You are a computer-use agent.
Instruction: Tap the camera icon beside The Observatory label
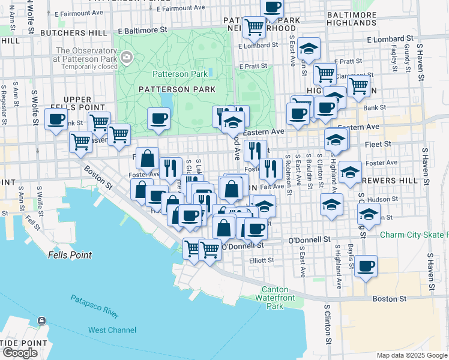127,58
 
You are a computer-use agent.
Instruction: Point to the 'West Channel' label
112,330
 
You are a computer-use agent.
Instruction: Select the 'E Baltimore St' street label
142,29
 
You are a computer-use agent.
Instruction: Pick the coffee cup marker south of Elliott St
366,266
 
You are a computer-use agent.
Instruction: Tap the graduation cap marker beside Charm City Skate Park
369,214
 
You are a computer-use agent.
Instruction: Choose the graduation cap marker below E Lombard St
309,48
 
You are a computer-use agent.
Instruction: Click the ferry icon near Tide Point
41,322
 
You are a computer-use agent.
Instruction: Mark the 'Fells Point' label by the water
70,255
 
